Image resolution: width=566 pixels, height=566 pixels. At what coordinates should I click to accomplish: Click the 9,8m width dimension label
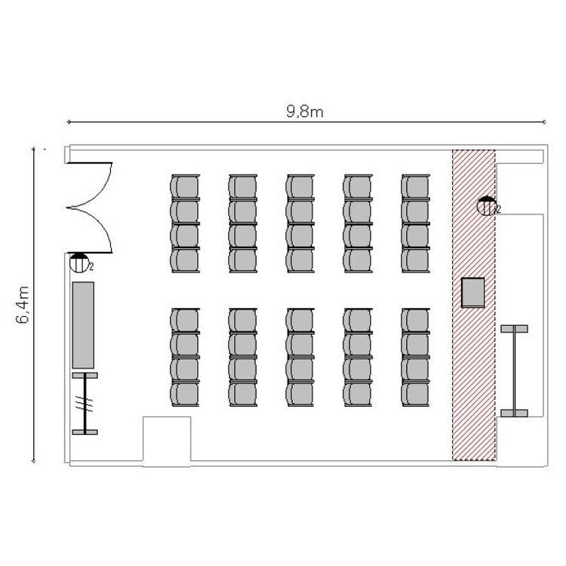click(x=305, y=111)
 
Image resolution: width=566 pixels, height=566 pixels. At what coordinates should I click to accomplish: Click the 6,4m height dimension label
click(x=23, y=305)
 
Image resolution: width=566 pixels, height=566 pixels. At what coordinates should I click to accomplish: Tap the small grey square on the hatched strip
click(x=473, y=292)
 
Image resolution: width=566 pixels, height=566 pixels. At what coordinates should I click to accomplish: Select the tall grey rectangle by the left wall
click(x=83, y=325)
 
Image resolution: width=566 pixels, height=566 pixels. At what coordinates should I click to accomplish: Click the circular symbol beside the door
click(x=79, y=263)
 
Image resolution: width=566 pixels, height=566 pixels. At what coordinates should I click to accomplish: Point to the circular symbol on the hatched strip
click(x=486, y=206)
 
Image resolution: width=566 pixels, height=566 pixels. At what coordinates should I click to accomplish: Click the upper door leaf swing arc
click(x=90, y=185)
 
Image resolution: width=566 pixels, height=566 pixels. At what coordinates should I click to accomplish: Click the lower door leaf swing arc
click(x=90, y=230)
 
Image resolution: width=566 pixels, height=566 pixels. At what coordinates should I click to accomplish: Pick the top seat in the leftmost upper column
click(x=185, y=186)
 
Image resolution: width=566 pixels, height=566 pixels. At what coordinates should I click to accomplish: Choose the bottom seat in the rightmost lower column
click(x=416, y=394)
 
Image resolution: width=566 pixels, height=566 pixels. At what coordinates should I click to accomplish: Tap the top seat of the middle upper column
click(x=300, y=186)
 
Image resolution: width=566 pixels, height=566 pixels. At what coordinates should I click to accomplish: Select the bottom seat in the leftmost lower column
click(x=185, y=394)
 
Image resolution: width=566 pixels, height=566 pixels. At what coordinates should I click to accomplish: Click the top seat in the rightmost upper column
click(x=416, y=186)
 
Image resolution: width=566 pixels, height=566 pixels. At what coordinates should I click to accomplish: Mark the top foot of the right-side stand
click(x=515, y=328)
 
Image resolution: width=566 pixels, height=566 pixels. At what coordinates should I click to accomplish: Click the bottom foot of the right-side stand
click(x=515, y=413)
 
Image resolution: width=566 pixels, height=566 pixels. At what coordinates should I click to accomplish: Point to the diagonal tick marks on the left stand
click(x=84, y=404)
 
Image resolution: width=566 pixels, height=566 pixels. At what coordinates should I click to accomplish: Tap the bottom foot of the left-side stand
click(x=85, y=432)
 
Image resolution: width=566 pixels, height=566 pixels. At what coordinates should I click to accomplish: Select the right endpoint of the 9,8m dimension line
click(x=544, y=122)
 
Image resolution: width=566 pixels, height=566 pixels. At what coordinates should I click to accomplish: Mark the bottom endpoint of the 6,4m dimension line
click(x=33, y=461)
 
